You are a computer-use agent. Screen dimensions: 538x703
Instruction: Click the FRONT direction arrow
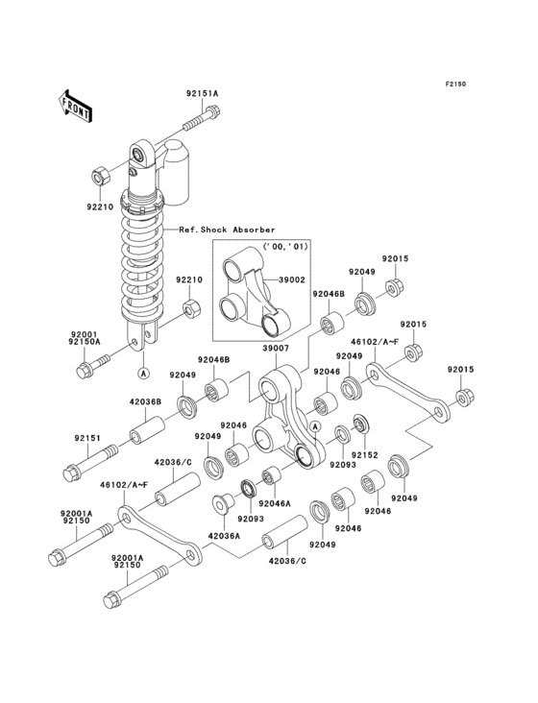point(74,107)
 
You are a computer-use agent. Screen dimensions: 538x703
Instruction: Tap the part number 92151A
point(202,94)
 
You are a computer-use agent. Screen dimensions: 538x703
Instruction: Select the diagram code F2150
point(455,84)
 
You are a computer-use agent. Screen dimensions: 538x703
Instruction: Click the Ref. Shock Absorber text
point(227,230)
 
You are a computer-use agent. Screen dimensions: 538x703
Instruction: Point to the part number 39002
point(292,279)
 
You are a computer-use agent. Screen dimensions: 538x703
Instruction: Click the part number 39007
point(276,348)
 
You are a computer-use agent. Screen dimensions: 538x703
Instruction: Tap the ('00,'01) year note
point(285,247)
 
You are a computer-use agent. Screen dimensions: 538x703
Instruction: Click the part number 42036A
point(224,535)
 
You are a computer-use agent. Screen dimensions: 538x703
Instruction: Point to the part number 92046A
point(275,503)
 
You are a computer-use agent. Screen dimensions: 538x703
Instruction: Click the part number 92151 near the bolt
point(87,438)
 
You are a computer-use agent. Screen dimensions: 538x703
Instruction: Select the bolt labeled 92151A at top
point(202,117)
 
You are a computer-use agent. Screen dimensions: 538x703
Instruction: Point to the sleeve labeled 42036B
point(148,429)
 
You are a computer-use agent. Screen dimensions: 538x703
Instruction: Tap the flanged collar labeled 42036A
point(222,503)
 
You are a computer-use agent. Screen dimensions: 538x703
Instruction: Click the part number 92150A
point(86,342)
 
